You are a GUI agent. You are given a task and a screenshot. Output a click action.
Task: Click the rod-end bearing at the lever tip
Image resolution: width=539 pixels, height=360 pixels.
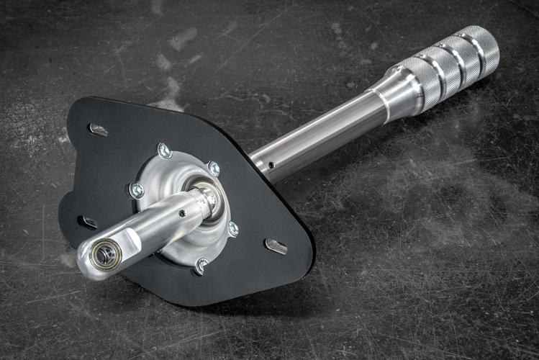(105, 254)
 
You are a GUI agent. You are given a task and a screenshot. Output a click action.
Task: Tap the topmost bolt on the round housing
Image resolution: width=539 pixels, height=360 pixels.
(165, 150)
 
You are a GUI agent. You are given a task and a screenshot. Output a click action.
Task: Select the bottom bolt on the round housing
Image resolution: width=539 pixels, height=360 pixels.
(201, 265)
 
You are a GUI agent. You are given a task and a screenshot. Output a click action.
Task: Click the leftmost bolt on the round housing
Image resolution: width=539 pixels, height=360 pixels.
(136, 191)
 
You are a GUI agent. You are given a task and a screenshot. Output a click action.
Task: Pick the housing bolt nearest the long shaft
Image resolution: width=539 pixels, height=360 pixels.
(214, 168)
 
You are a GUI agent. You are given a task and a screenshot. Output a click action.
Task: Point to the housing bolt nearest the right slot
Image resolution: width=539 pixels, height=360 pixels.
(232, 229)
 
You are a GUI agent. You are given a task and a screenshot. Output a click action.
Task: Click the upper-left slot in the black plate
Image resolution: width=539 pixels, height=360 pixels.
(98, 130)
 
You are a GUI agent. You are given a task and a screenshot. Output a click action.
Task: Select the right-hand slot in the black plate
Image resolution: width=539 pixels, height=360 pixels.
(276, 246)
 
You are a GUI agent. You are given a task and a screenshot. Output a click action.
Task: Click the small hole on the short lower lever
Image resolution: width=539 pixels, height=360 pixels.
(182, 213)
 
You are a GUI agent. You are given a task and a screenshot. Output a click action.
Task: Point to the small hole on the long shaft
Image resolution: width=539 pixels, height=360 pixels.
(271, 164)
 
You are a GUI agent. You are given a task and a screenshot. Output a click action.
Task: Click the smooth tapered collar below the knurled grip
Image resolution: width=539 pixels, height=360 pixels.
(393, 91)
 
